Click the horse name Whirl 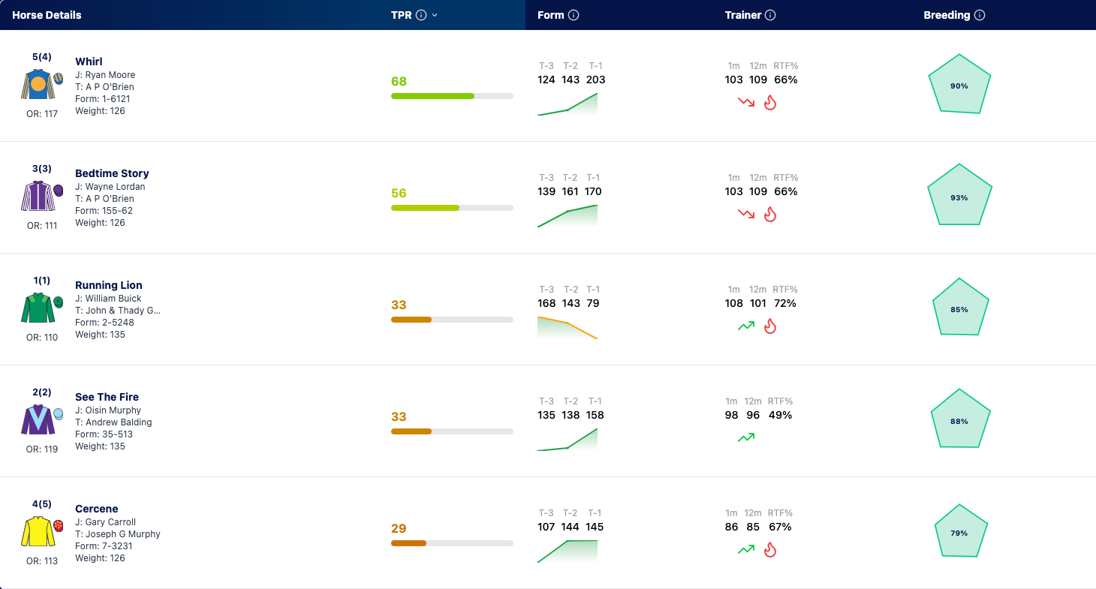(89, 61)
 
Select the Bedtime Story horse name (112, 173)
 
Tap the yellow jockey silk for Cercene (38, 531)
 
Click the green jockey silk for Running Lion (38, 308)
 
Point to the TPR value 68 (399, 81)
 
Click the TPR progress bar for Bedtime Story (452, 208)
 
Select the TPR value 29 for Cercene (399, 528)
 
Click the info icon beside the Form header (574, 15)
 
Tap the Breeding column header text (947, 15)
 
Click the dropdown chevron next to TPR (435, 15)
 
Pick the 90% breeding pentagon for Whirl (959, 84)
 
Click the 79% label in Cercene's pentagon (959, 533)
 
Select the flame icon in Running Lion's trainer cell (770, 326)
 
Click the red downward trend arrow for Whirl (746, 102)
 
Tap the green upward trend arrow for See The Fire (746, 437)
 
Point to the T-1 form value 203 (595, 80)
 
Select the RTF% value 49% (780, 416)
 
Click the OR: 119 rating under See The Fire (42, 449)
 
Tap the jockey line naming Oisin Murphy (108, 410)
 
